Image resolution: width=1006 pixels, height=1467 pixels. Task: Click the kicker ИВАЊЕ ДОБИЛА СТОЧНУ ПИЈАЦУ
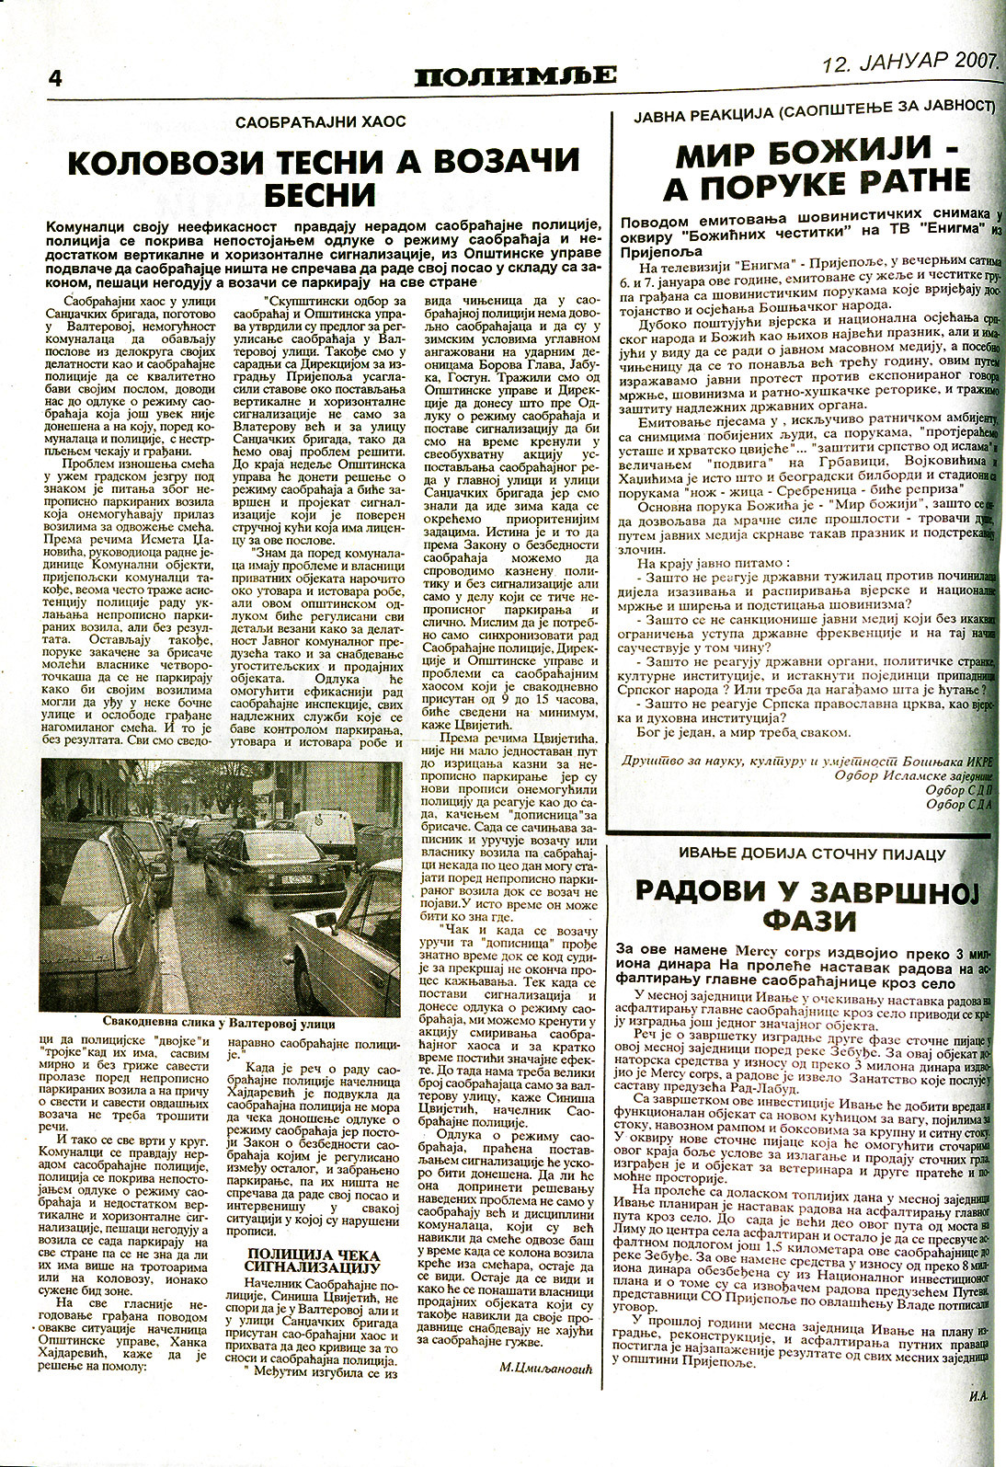812,854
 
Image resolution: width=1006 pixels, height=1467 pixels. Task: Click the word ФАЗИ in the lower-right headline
812,920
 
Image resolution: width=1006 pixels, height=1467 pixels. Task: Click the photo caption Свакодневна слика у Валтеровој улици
219,1023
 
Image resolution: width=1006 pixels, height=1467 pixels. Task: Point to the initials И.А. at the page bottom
976,1420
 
